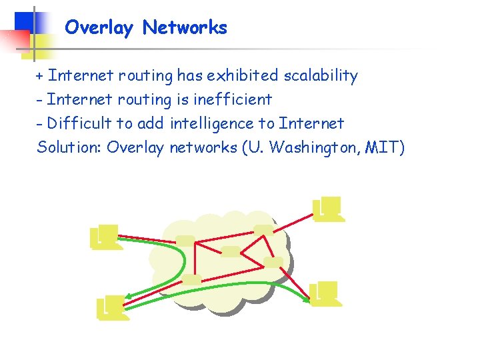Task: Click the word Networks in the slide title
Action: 185,28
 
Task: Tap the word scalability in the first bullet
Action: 321,76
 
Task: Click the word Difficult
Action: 79,123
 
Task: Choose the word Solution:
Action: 69,147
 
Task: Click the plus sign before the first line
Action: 40,76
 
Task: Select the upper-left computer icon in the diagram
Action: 106,237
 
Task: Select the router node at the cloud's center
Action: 231,251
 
